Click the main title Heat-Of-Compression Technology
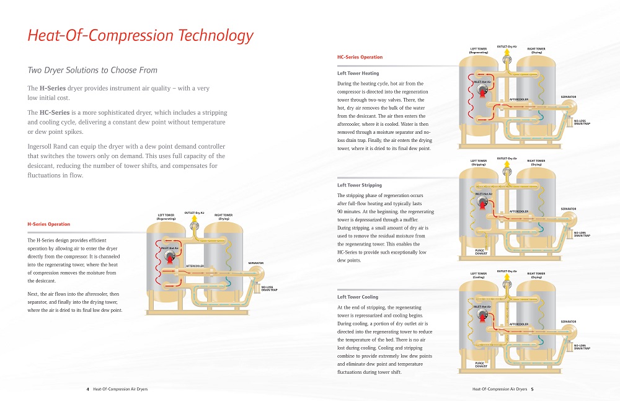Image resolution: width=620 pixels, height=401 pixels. pos(140,35)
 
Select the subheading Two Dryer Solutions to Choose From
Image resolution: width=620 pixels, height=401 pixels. pos(92,70)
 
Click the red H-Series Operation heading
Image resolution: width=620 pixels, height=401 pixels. pos(48,224)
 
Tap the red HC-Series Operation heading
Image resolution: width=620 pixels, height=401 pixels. pos(360,57)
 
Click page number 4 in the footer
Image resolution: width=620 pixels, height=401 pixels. pos(87,389)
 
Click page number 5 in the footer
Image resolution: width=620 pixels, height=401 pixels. pos(532,389)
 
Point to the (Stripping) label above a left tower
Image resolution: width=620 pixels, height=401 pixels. pos(478,164)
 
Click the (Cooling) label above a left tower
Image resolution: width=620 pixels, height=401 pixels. pos(478,277)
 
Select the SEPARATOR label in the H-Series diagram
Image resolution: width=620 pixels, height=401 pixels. pos(256,263)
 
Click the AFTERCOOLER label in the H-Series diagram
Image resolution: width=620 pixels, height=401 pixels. pos(195,266)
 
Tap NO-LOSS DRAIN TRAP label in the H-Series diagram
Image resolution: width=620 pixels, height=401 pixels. pos(268,288)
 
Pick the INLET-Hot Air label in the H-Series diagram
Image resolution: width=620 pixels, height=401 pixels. pos(169,248)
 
